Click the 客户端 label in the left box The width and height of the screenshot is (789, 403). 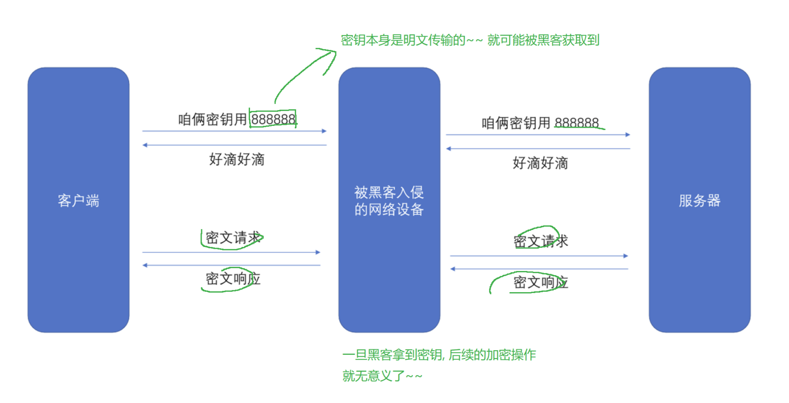pos(78,201)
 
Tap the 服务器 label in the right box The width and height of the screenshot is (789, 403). pos(699,201)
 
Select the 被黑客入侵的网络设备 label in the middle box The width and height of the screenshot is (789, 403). pos(389,201)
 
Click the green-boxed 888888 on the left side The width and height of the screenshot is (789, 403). pos(273,120)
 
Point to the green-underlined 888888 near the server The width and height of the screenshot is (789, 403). pos(576,123)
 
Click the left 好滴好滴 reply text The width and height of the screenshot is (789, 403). pos(237,159)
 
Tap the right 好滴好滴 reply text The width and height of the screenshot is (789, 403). pos(540,163)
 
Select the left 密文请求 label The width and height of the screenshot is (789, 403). pos(233,238)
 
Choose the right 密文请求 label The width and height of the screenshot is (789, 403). pos(541,241)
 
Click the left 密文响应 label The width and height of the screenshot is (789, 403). pos(233,279)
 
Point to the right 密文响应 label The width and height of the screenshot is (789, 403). pos(541,282)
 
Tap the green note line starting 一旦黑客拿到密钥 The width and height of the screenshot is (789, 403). pos(439,355)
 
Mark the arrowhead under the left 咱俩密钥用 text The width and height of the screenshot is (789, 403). pos(324,131)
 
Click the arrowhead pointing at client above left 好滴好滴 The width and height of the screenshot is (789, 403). pos(145,145)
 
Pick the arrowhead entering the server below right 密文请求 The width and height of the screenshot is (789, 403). pos(626,256)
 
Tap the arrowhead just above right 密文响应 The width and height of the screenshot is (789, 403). pos(453,269)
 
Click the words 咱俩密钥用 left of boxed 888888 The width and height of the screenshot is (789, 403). pos(212,120)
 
